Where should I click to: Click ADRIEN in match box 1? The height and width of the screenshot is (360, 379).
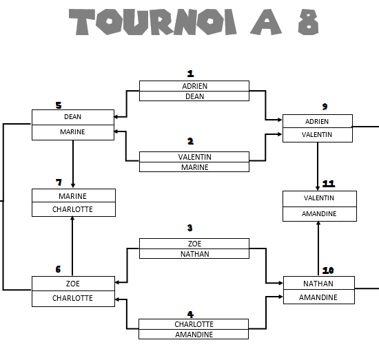pyautogui.click(x=194, y=86)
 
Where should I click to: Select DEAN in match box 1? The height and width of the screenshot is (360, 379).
pyautogui.click(x=194, y=96)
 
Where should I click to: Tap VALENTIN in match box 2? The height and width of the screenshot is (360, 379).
pyautogui.click(x=194, y=157)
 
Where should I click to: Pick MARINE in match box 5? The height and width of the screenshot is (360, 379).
pyautogui.click(x=72, y=132)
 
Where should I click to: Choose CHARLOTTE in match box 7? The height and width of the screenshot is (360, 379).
pyautogui.click(x=72, y=209)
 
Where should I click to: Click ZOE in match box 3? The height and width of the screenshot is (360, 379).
pyautogui.click(x=194, y=244)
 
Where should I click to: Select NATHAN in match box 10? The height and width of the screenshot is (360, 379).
pyautogui.click(x=318, y=284)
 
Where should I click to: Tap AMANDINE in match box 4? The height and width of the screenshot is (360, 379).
pyautogui.click(x=194, y=335)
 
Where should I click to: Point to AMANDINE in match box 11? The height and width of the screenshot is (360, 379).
pyautogui.click(x=319, y=213)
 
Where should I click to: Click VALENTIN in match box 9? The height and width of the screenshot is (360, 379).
pyautogui.click(x=317, y=134)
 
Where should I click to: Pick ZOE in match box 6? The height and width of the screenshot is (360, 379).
pyautogui.click(x=73, y=284)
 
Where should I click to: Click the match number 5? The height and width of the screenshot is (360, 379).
pyautogui.click(x=59, y=105)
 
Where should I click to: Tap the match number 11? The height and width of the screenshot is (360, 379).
pyautogui.click(x=329, y=184)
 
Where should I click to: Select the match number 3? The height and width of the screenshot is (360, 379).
pyautogui.click(x=189, y=228)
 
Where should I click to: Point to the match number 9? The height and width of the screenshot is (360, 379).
pyautogui.click(x=325, y=107)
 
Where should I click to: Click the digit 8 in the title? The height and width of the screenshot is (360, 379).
pyautogui.click(x=309, y=22)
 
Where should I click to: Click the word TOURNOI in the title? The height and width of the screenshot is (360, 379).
pyautogui.click(x=152, y=22)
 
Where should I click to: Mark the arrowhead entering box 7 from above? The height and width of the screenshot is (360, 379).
pyautogui.click(x=73, y=186)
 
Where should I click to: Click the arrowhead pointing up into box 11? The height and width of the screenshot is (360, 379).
pyautogui.click(x=318, y=224)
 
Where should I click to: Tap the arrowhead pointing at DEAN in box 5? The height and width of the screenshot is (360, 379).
pyautogui.click(x=116, y=117)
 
